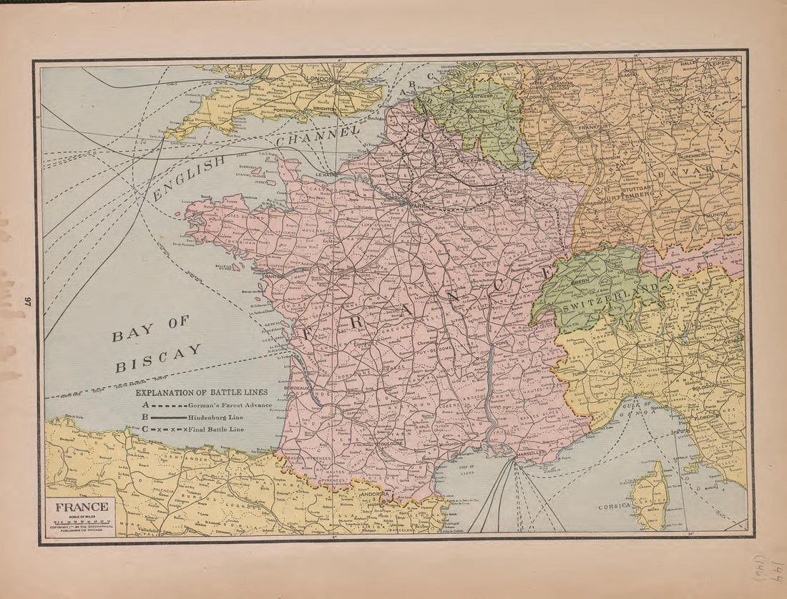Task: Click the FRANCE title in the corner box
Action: (82, 507)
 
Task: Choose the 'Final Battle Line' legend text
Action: (217, 429)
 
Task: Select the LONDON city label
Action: (318, 79)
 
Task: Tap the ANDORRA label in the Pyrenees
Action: (375, 495)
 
